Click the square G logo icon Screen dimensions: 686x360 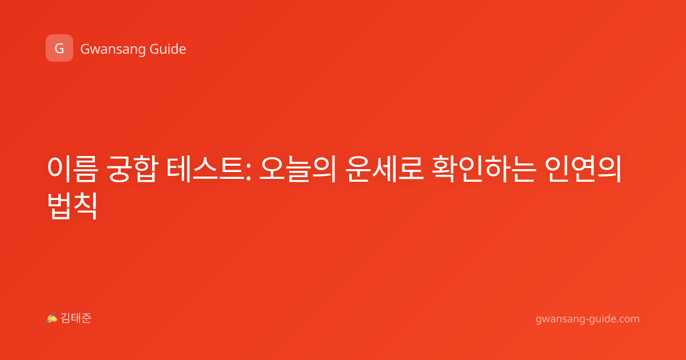59,48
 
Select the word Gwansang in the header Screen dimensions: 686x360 113,50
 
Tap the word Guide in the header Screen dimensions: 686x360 168,49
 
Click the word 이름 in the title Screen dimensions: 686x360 73,169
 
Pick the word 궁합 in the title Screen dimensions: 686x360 132,169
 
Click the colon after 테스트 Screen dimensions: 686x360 248,173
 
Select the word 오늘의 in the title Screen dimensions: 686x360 298,169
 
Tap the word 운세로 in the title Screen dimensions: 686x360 384,169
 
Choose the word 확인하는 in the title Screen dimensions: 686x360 484,169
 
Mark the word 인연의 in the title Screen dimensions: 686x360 584,169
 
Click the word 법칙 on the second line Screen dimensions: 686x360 73,206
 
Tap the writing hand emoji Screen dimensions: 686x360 52,318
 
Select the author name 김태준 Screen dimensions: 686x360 76,318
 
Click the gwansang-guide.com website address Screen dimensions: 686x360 588,319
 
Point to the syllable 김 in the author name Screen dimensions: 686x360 66,318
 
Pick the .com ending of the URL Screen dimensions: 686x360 628,319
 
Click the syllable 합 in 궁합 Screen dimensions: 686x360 146,169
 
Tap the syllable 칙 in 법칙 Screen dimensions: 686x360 86,206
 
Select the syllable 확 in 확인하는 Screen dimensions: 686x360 444,169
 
